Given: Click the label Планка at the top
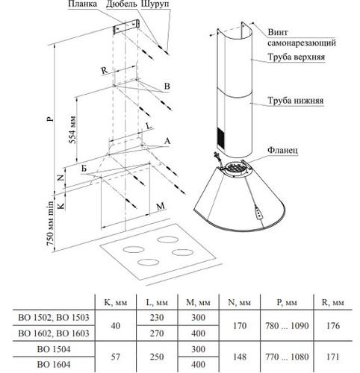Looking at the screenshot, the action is point(82,4).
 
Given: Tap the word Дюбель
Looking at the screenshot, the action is point(122,4).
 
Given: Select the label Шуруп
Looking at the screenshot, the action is point(155,4).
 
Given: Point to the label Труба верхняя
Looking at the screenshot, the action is point(297,57).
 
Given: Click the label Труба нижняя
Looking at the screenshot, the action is point(296,101).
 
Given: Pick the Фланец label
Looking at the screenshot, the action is point(282,150).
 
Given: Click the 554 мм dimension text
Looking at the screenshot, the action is point(72,129).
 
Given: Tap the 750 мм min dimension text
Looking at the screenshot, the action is point(50,223).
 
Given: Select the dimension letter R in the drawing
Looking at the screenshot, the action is point(105,71).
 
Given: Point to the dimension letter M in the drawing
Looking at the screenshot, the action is point(161,206).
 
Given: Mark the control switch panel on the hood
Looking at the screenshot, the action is point(259,213).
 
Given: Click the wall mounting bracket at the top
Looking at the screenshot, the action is point(126,27).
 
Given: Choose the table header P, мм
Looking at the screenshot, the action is point(287,302).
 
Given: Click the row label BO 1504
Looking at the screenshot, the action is point(54,349).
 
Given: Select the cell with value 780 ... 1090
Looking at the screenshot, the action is point(287,326).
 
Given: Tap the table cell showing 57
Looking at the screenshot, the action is point(115,357).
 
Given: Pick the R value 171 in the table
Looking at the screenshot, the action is point(333,357).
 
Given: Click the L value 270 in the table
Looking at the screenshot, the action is point(157,333).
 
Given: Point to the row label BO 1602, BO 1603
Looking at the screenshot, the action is point(54,333).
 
